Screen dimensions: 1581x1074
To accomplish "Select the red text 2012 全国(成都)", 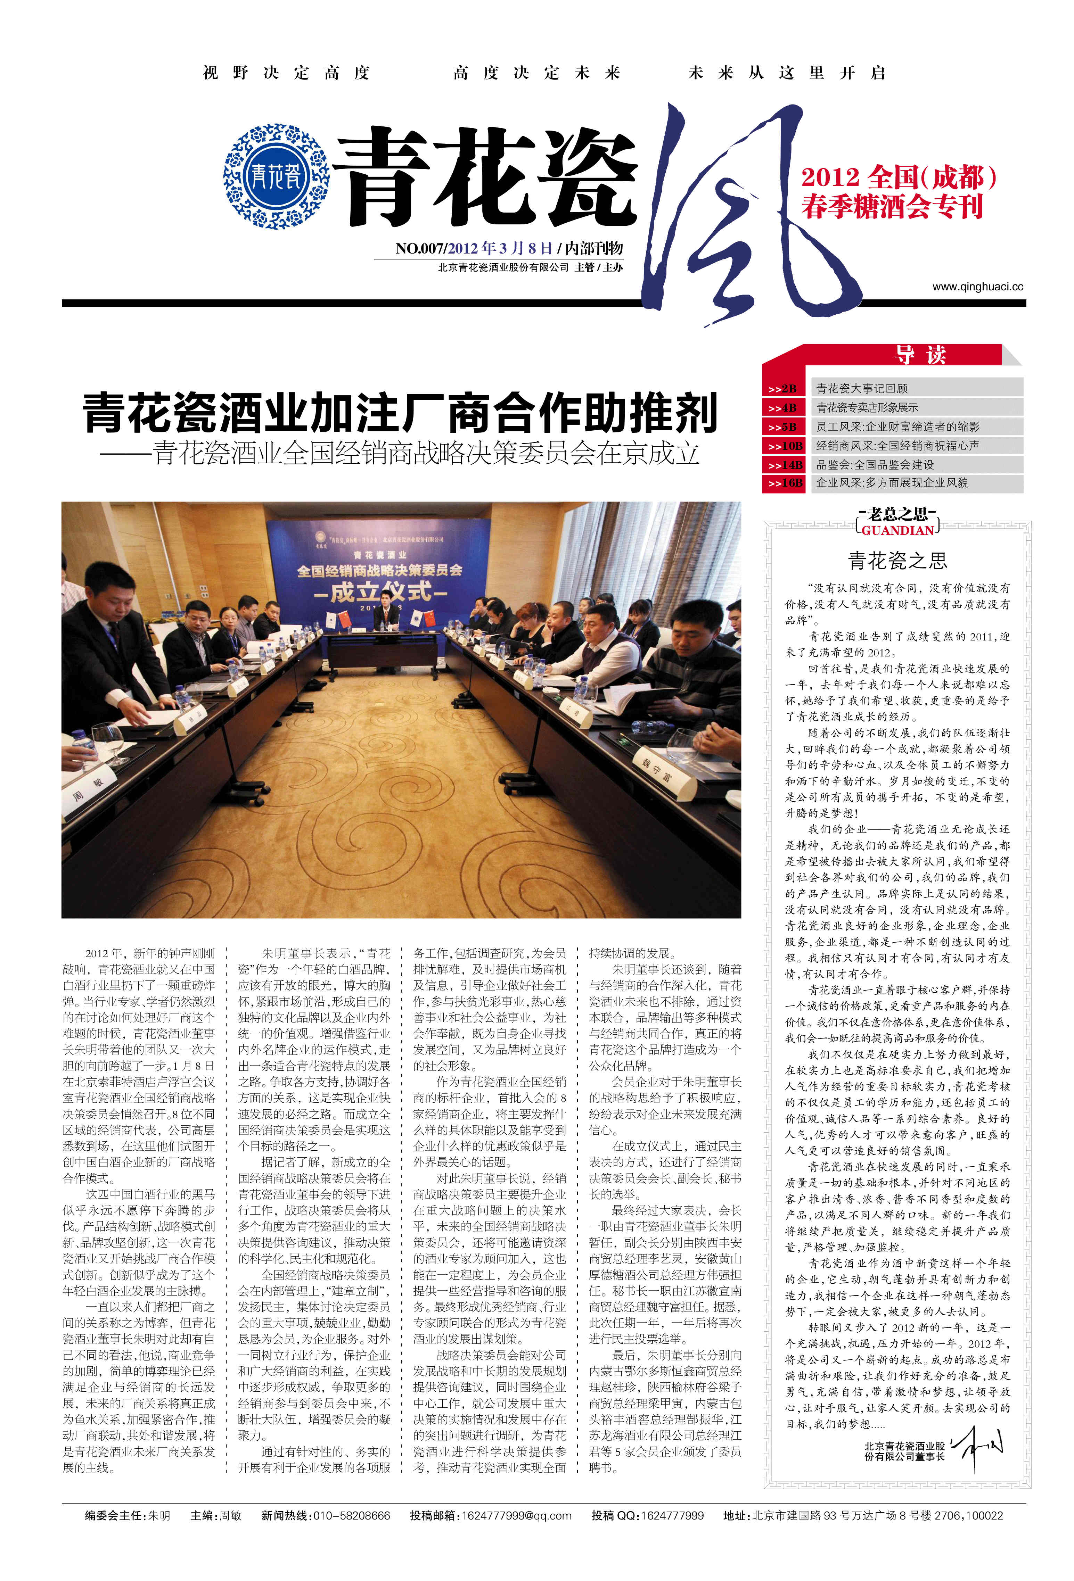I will point(899,177).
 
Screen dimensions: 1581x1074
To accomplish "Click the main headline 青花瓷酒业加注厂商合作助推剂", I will point(400,413).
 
